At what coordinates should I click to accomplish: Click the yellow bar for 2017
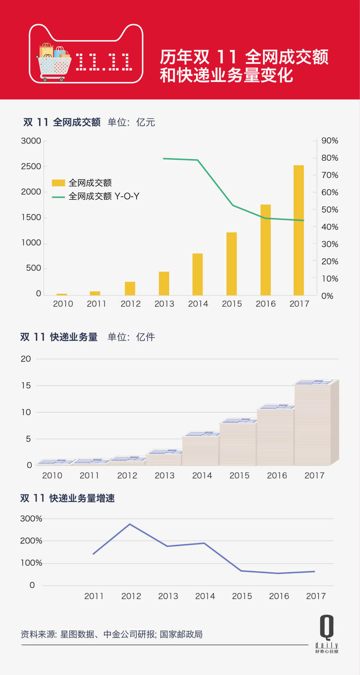tap(299, 230)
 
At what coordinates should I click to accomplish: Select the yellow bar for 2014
tap(197, 274)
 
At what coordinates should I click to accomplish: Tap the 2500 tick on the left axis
tap(31, 166)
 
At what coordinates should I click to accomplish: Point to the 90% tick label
tap(330, 141)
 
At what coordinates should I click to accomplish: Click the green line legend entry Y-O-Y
tap(104, 196)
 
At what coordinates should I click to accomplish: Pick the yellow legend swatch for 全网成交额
tap(58, 183)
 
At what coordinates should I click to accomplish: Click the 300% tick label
tap(31, 519)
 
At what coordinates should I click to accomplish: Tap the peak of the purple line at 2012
tap(130, 524)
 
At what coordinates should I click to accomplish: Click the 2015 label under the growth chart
tap(242, 596)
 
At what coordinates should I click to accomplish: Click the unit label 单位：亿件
tap(131, 337)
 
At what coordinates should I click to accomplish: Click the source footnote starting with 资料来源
tap(112, 634)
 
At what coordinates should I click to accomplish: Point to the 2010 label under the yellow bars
tap(63, 304)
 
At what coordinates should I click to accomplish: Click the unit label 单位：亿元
tap(131, 122)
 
